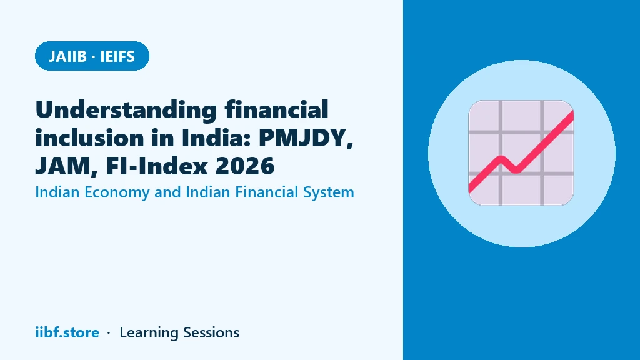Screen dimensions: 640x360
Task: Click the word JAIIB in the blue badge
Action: pyautogui.click(x=67, y=56)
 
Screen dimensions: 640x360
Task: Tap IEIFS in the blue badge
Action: pyautogui.click(x=117, y=56)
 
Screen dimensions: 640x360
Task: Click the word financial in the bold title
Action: pyautogui.click(x=277, y=109)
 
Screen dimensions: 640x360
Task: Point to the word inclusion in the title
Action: pyautogui.click(x=90, y=137)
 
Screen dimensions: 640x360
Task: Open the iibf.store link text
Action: pyautogui.click(x=67, y=332)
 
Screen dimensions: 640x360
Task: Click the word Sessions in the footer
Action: pyautogui.click(x=211, y=332)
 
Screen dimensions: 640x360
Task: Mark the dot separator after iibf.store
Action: pyautogui.click(x=109, y=333)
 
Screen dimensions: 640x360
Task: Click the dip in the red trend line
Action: pyautogui.click(x=516, y=170)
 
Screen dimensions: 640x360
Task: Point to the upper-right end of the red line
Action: pyautogui.click(x=572, y=114)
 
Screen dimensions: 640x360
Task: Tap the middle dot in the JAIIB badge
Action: pyautogui.click(x=94, y=57)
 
